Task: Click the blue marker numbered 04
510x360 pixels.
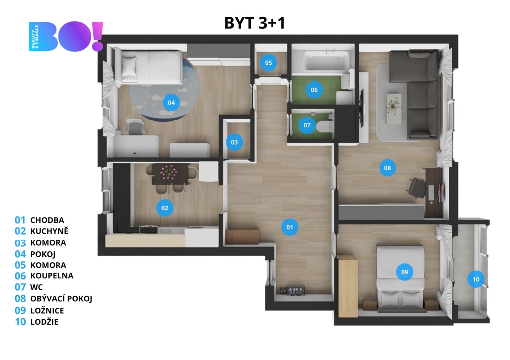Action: point(171,103)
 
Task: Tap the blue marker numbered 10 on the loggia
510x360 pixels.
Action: point(476,279)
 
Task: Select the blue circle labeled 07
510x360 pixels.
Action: point(307,125)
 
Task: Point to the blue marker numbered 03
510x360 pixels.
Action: point(234,142)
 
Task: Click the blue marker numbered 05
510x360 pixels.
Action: point(268,63)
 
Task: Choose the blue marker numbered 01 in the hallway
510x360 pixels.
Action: point(290,227)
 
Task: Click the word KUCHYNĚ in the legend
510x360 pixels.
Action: point(49,231)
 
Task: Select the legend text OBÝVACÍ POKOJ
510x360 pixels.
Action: point(61,299)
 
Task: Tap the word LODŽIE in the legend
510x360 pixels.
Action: point(44,322)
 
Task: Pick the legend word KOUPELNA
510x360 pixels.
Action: point(52,276)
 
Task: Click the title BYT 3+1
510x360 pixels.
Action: point(255,23)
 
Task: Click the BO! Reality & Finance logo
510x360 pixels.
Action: point(66,36)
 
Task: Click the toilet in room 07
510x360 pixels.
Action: point(324,126)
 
